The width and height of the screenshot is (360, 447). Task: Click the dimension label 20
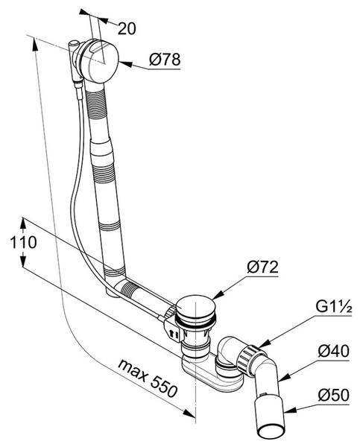[127, 28]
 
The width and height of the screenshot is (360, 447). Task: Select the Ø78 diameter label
[165, 60]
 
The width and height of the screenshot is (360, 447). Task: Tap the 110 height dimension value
[23, 243]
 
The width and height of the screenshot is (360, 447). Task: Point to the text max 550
[148, 378]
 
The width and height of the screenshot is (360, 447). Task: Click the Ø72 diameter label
[262, 267]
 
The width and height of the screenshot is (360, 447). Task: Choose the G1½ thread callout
[333, 307]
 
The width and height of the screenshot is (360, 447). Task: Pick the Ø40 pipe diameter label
[333, 351]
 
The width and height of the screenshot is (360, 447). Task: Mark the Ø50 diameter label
[333, 395]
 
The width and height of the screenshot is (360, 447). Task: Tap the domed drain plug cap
[195, 306]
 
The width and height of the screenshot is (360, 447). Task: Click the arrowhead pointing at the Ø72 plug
[218, 295]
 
